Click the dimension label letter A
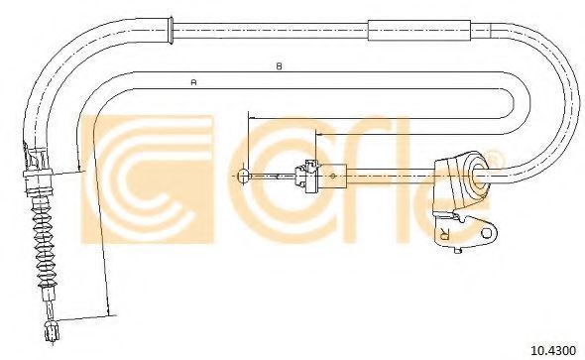coord(193,81)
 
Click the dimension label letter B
coord(279,66)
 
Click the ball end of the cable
coord(243,175)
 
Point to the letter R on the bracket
coord(445,233)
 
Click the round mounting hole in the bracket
coord(487,233)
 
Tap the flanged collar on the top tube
coord(171,30)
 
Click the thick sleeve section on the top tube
coord(419,30)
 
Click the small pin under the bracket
coord(459,250)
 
